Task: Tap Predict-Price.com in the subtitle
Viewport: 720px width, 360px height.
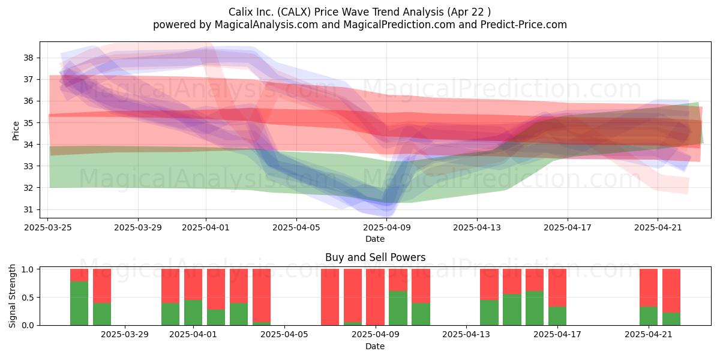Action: click(x=524, y=25)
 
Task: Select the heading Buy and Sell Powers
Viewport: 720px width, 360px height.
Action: click(x=375, y=257)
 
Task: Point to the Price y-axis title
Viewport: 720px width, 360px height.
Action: click(x=16, y=131)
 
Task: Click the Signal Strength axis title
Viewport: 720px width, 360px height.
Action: click(x=12, y=296)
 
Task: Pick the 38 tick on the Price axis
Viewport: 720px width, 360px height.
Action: click(x=28, y=58)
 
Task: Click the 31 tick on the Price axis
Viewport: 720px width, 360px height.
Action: click(x=28, y=209)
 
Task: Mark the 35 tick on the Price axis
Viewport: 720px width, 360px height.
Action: click(x=28, y=123)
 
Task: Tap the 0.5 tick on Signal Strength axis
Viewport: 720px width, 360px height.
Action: click(x=28, y=298)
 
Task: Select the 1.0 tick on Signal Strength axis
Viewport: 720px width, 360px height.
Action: click(x=28, y=269)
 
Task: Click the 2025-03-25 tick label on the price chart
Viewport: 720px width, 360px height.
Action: click(x=48, y=227)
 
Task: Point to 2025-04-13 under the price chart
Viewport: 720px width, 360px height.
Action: click(x=477, y=227)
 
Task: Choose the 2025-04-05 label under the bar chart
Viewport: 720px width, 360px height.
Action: click(x=284, y=334)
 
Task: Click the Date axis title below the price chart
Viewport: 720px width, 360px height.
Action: click(x=375, y=239)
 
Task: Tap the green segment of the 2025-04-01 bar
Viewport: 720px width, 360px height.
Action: click(x=193, y=313)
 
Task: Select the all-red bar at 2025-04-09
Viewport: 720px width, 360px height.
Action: click(x=375, y=297)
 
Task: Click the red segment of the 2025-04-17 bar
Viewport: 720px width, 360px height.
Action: click(x=557, y=287)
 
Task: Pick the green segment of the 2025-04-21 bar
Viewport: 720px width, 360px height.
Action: click(x=649, y=316)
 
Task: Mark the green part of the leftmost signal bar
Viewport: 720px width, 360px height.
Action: click(x=79, y=304)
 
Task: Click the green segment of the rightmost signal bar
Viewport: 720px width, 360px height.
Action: click(x=671, y=319)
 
